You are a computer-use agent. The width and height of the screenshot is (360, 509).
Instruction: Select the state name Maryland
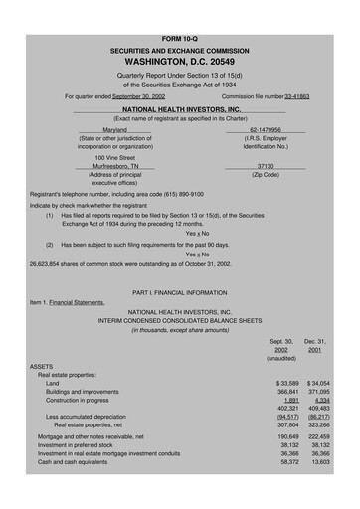[x=115, y=129]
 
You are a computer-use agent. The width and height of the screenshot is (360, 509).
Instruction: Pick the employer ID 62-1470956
[x=266, y=129]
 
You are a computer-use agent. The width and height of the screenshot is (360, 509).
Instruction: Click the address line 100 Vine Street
[x=115, y=157]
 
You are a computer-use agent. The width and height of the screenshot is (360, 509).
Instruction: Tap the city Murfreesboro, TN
[x=116, y=166]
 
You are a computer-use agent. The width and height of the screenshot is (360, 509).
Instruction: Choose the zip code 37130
[x=266, y=166]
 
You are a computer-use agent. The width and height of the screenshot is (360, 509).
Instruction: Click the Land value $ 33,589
[x=287, y=383]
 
